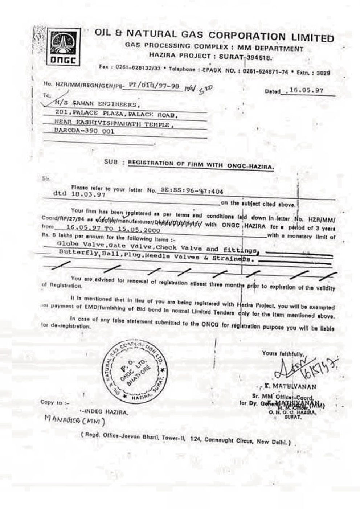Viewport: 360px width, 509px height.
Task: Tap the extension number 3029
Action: [323, 73]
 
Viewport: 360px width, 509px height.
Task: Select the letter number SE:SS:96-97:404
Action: [191, 190]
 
